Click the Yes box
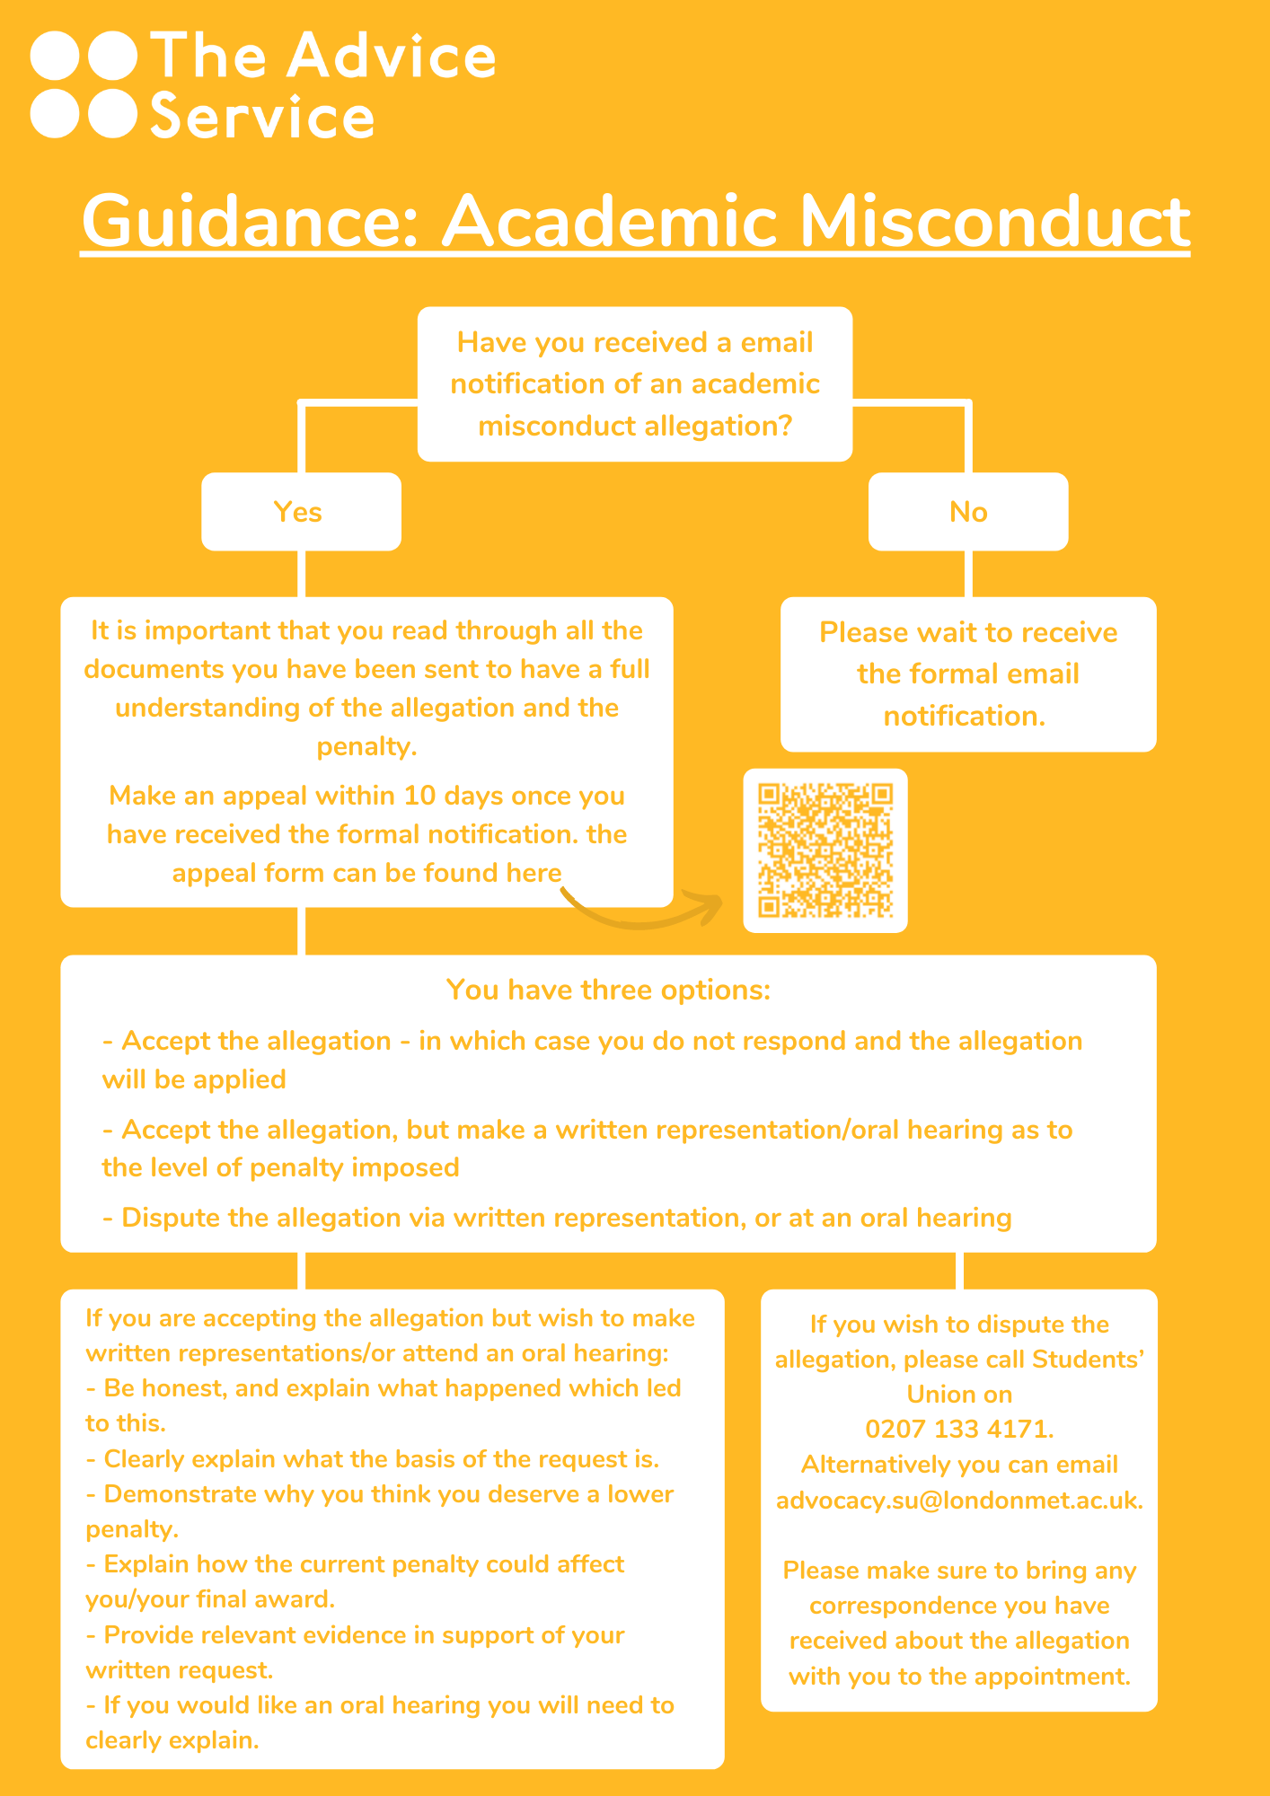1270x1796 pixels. pos(301,511)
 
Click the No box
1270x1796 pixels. pos(968,511)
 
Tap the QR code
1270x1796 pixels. pos(825,850)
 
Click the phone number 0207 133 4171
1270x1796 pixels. pos(959,1429)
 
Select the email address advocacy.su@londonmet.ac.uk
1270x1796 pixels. pos(959,1500)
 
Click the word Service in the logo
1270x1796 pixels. pos(262,117)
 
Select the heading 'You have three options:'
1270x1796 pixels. pos(608,990)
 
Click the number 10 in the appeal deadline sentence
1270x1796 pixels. pos(420,796)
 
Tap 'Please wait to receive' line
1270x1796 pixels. pos(968,632)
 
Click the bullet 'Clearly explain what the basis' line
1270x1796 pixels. pos(373,1458)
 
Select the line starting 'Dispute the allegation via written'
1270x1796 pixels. pos(557,1218)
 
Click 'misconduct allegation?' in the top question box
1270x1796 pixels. pos(635,426)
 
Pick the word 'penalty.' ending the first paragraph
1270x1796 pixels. pos(366,746)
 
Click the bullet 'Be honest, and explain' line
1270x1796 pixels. pos(384,1387)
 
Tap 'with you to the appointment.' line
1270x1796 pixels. pos(959,1676)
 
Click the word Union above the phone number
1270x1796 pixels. pos(959,1394)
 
